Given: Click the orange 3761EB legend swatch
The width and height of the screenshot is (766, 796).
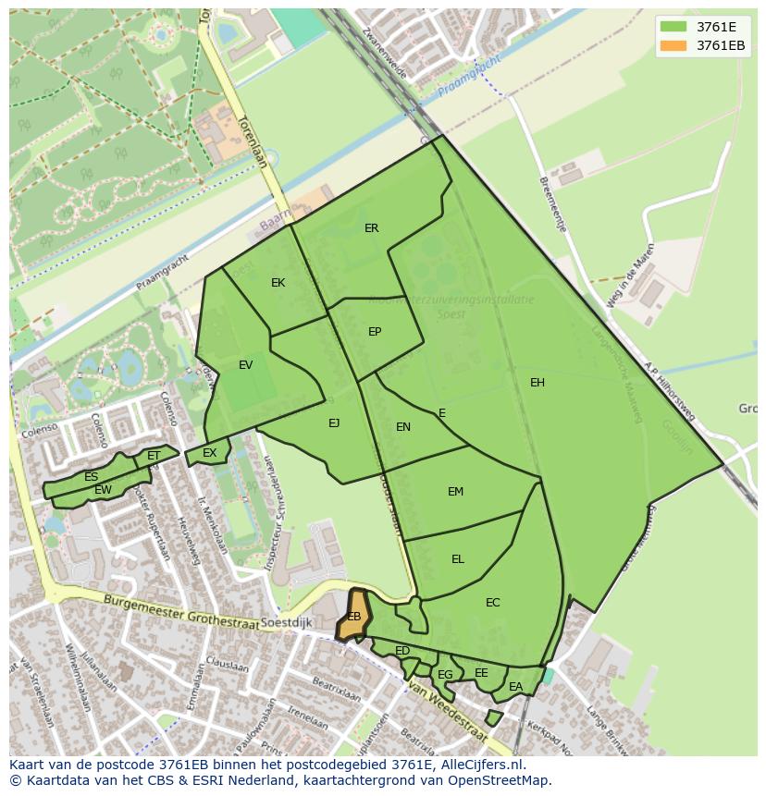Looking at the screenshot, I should [x=675, y=46].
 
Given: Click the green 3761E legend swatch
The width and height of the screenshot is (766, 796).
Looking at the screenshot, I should [x=675, y=27].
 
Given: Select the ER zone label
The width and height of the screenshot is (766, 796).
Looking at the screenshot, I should [x=371, y=228].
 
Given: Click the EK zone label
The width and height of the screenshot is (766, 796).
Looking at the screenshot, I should [x=278, y=283].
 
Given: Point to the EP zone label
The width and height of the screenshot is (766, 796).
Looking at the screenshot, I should [x=375, y=332].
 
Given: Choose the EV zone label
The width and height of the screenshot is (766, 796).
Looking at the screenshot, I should [x=245, y=365].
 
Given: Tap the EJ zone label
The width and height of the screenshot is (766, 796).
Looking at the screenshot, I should [x=334, y=423].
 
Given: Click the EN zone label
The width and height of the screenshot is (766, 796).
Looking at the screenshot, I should [x=403, y=427].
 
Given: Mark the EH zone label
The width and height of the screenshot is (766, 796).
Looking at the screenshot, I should [x=537, y=383].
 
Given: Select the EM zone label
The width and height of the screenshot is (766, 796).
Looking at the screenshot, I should [x=455, y=492].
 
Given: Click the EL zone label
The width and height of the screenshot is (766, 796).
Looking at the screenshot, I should [x=458, y=559].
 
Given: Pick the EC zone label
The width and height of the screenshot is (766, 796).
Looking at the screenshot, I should [x=492, y=603].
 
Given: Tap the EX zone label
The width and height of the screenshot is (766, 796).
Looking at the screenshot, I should [x=210, y=453].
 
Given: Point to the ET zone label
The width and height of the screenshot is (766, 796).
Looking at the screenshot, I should [x=154, y=456].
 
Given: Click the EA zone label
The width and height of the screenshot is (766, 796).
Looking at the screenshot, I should [x=515, y=686].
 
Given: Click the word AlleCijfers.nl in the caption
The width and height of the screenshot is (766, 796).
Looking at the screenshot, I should [x=481, y=765].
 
